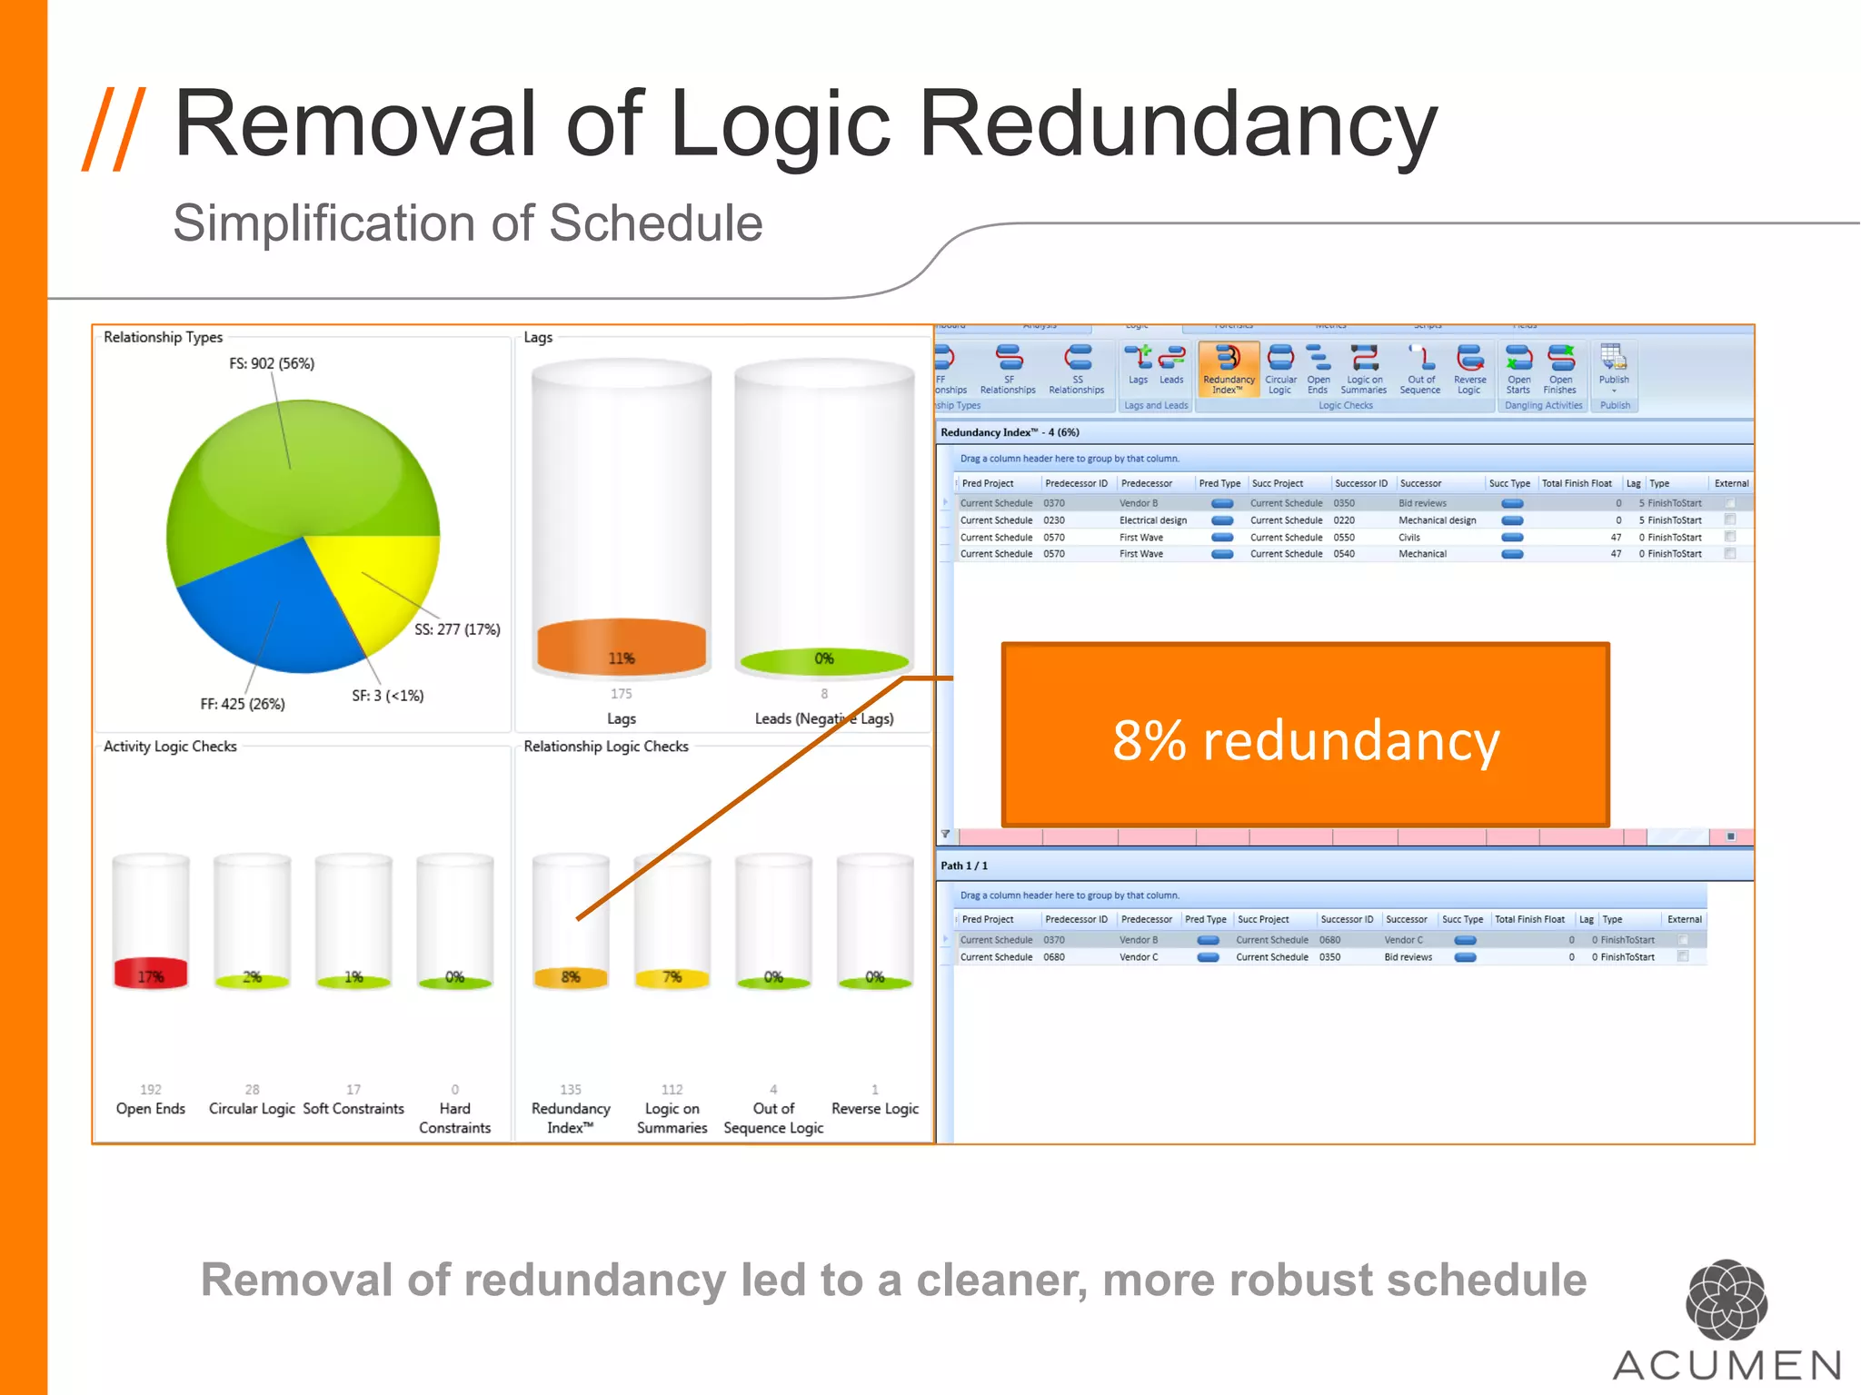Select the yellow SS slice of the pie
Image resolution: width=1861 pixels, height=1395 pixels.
tap(386, 581)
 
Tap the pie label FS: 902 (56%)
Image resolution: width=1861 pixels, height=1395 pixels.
tap(272, 363)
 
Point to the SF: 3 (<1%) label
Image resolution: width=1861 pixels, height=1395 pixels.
tap(388, 696)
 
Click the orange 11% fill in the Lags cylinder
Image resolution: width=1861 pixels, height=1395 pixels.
tap(622, 648)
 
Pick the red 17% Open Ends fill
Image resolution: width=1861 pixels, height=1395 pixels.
tap(151, 974)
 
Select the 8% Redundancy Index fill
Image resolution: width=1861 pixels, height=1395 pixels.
tap(571, 977)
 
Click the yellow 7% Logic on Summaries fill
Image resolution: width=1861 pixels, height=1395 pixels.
tap(672, 977)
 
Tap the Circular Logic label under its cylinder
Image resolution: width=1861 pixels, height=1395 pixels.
tap(252, 1109)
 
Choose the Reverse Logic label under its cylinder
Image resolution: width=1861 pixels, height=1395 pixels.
tap(875, 1109)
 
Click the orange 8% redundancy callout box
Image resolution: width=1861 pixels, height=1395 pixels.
tap(1305, 735)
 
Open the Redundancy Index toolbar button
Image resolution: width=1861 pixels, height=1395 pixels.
tap(1229, 369)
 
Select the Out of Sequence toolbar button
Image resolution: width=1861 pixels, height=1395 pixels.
tap(1420, 369)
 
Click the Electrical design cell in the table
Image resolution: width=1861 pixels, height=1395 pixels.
tap(1153, 520)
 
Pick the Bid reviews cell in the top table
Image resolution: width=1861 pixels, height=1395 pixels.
tap(1423, 503)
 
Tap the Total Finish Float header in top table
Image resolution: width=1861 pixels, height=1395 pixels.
tap(1577, 483)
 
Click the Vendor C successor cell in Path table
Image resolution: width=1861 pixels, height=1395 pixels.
tap(1404, 940)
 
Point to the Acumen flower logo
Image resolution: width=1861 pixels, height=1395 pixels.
tap(1727, 1300)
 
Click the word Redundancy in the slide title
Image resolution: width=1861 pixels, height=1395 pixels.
tap(1178, 124)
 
